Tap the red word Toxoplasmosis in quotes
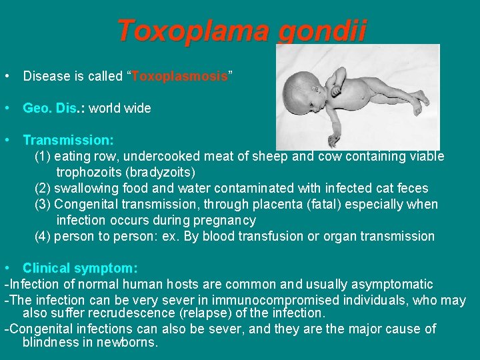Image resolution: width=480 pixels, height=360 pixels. point(180,76)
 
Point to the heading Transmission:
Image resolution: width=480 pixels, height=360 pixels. point(68,140)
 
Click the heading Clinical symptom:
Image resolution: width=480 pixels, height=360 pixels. point(80,268)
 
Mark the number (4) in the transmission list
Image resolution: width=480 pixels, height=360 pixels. point(43,236)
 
